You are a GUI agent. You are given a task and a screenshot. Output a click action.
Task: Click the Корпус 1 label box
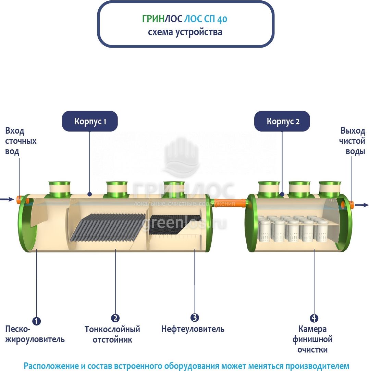pyautogui.click(x=90, y=121)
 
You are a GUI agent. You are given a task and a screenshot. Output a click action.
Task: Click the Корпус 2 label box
pyautogui.click(x=282, y=121)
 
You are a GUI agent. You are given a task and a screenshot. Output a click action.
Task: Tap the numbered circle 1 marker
pyautogui.click(x=36, y=321)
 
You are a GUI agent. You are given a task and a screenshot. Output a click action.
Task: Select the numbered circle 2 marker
pyautogui.click(x=115, y=318)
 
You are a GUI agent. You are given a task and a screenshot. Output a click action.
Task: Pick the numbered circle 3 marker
pyautogui.click(x=195, y=318)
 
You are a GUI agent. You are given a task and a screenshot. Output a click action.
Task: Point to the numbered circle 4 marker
pyautogui.click(x=314, y=318)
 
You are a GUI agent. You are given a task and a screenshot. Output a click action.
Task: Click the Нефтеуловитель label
pyautogui.click(x=193, y=329)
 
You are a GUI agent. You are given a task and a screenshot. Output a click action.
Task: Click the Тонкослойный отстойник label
pyautogui.click(x=112, y=335)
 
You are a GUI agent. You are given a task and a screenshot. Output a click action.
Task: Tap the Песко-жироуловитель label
pyautogui.click(x=35, y=334)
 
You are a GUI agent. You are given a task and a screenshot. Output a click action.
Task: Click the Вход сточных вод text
pyautogui.click(x=21, y=141)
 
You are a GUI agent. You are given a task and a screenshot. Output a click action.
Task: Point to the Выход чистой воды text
pyautogui.click(x=353, y=141)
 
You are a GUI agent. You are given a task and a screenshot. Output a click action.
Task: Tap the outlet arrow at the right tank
pyautogui.click(x=363, y=205)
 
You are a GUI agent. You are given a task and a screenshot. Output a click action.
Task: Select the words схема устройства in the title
pyautogui.click(x=185, y=32)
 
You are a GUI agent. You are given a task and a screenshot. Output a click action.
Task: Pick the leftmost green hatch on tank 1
pyautogui.click(x=59, y=189)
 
